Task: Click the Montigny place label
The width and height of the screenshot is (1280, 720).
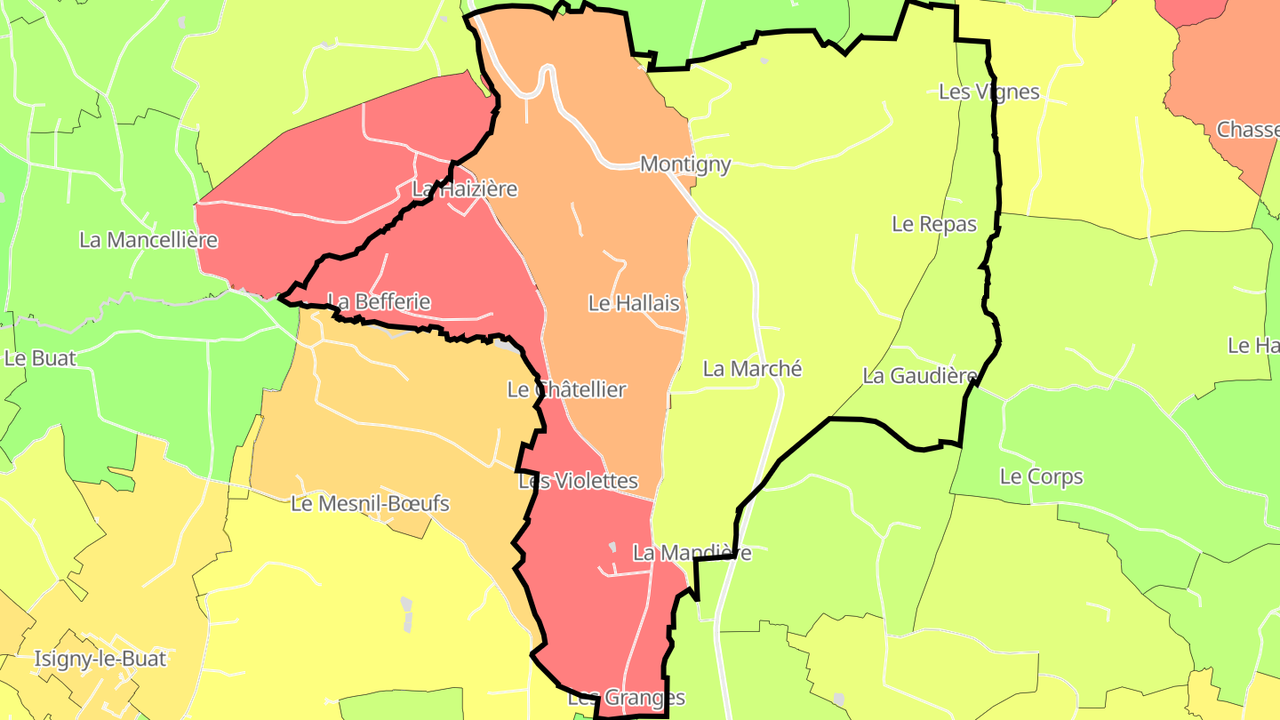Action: tap(685, 164)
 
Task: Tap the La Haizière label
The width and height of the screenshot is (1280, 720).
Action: tap(464, 189)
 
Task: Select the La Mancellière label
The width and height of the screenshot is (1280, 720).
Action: tap(148, 240)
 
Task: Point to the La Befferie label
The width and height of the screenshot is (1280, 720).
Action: tap(379, 302)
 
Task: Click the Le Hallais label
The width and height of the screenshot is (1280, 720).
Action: tap(634, 303)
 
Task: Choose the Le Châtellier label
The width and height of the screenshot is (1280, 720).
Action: tap(566, 389)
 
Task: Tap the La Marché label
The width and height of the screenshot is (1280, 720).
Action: tap(752, 369)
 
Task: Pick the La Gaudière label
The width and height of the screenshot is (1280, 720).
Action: tap(920, 376)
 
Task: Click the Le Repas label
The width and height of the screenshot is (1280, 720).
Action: tap(934, 224)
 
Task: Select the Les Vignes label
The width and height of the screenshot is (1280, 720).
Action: tap(989, 92)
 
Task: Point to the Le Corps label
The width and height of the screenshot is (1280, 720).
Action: tap(1042, 476)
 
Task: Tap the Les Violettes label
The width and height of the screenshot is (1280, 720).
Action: tap(578, 482)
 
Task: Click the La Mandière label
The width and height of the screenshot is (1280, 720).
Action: tap(692, 553)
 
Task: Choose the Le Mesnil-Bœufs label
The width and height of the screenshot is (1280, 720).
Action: tap(371, 504)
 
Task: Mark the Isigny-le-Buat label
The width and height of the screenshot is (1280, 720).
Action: tap(100, 660)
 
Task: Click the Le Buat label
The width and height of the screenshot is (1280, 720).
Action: tap(40, 359)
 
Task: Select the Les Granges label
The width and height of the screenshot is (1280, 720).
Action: tap(627, 698)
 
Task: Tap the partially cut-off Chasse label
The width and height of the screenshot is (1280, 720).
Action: tap(1247, 130)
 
